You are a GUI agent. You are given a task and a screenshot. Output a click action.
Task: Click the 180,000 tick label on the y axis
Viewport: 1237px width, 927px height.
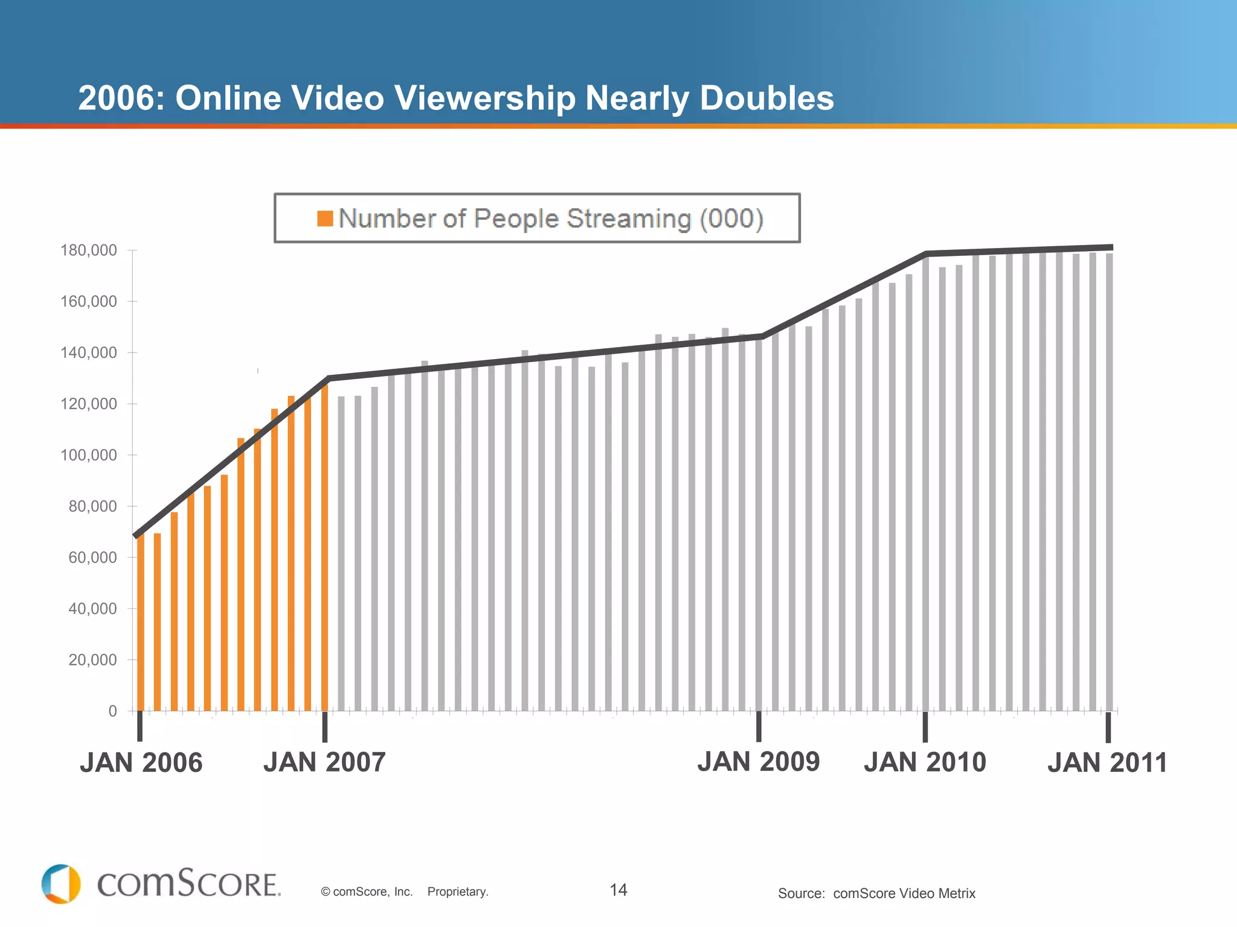(88, 250)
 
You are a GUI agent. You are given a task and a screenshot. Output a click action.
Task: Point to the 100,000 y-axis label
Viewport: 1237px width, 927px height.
(88, 455)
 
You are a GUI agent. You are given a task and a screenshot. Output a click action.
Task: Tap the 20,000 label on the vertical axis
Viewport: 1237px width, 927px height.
(92, 660)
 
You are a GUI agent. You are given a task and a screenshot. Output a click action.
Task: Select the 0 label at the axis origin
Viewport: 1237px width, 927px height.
(112, 711)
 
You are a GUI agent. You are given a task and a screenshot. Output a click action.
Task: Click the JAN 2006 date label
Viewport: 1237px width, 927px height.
(141, 763)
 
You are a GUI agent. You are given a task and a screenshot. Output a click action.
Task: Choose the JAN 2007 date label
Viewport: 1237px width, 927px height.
(324, 762)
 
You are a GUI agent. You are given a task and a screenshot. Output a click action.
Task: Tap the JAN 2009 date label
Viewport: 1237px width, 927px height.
(759, 762)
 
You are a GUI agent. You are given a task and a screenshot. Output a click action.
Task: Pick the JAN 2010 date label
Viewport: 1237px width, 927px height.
(925, 762)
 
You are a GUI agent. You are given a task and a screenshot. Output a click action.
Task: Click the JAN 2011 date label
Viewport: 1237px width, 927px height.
(1107, 763)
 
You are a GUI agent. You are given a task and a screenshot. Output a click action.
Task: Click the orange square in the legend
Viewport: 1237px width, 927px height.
(325, 218)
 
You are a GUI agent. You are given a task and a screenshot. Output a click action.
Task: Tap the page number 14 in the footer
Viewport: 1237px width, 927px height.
(618, 890)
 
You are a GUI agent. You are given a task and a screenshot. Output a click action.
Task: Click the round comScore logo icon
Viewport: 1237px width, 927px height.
(60, 884)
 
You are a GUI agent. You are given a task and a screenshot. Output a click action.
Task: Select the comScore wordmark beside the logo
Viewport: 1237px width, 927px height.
(188, 884)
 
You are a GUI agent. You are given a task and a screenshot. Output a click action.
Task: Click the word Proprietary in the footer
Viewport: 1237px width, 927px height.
(457, 891)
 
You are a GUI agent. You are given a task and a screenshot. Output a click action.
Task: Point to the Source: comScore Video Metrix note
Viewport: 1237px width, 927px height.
(876, 893)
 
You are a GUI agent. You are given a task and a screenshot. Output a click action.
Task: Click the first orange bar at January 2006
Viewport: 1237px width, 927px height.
(141, 622)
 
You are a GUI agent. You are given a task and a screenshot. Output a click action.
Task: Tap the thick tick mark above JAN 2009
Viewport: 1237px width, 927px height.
(759, 727)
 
